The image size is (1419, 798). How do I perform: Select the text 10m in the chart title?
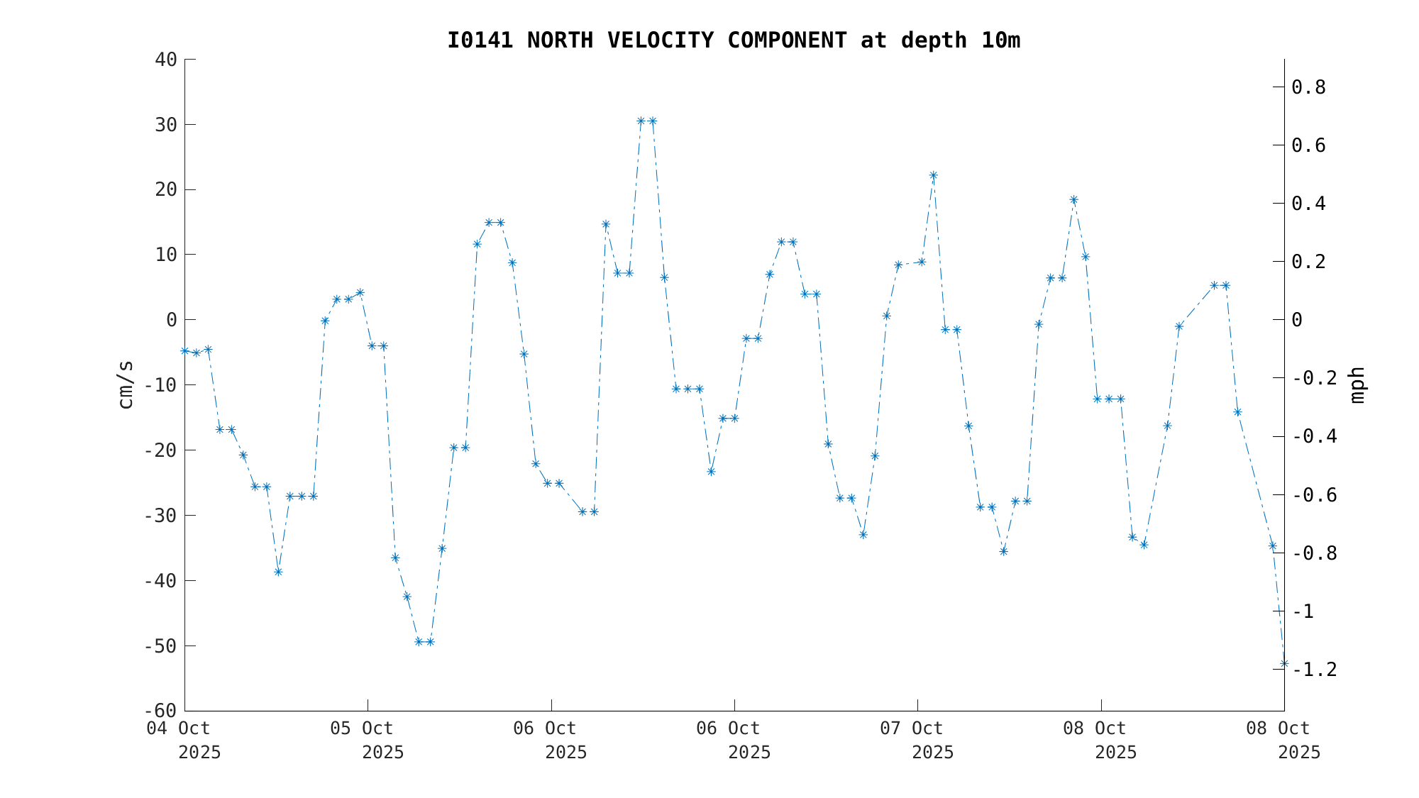point(1000,40)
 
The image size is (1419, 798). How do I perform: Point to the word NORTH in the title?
point(560,40)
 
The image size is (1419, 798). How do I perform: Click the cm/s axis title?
point(126,384)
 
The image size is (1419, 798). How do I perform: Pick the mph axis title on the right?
point(1357,384)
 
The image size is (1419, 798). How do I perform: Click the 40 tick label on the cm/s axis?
point(166,60)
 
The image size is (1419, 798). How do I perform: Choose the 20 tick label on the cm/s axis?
point(166,189)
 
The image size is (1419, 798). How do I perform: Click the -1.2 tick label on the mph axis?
point(1315,670)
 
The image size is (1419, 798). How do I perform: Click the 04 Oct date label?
point(178,728)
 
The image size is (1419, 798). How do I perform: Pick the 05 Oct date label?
point(362,728)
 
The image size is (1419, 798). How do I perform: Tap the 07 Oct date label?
point(912,728)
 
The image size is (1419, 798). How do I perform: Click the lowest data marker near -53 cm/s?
point(1284,664)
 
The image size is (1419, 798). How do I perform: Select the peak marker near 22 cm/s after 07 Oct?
point(934,175)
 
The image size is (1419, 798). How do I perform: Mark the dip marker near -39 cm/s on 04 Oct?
point(278,572)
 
